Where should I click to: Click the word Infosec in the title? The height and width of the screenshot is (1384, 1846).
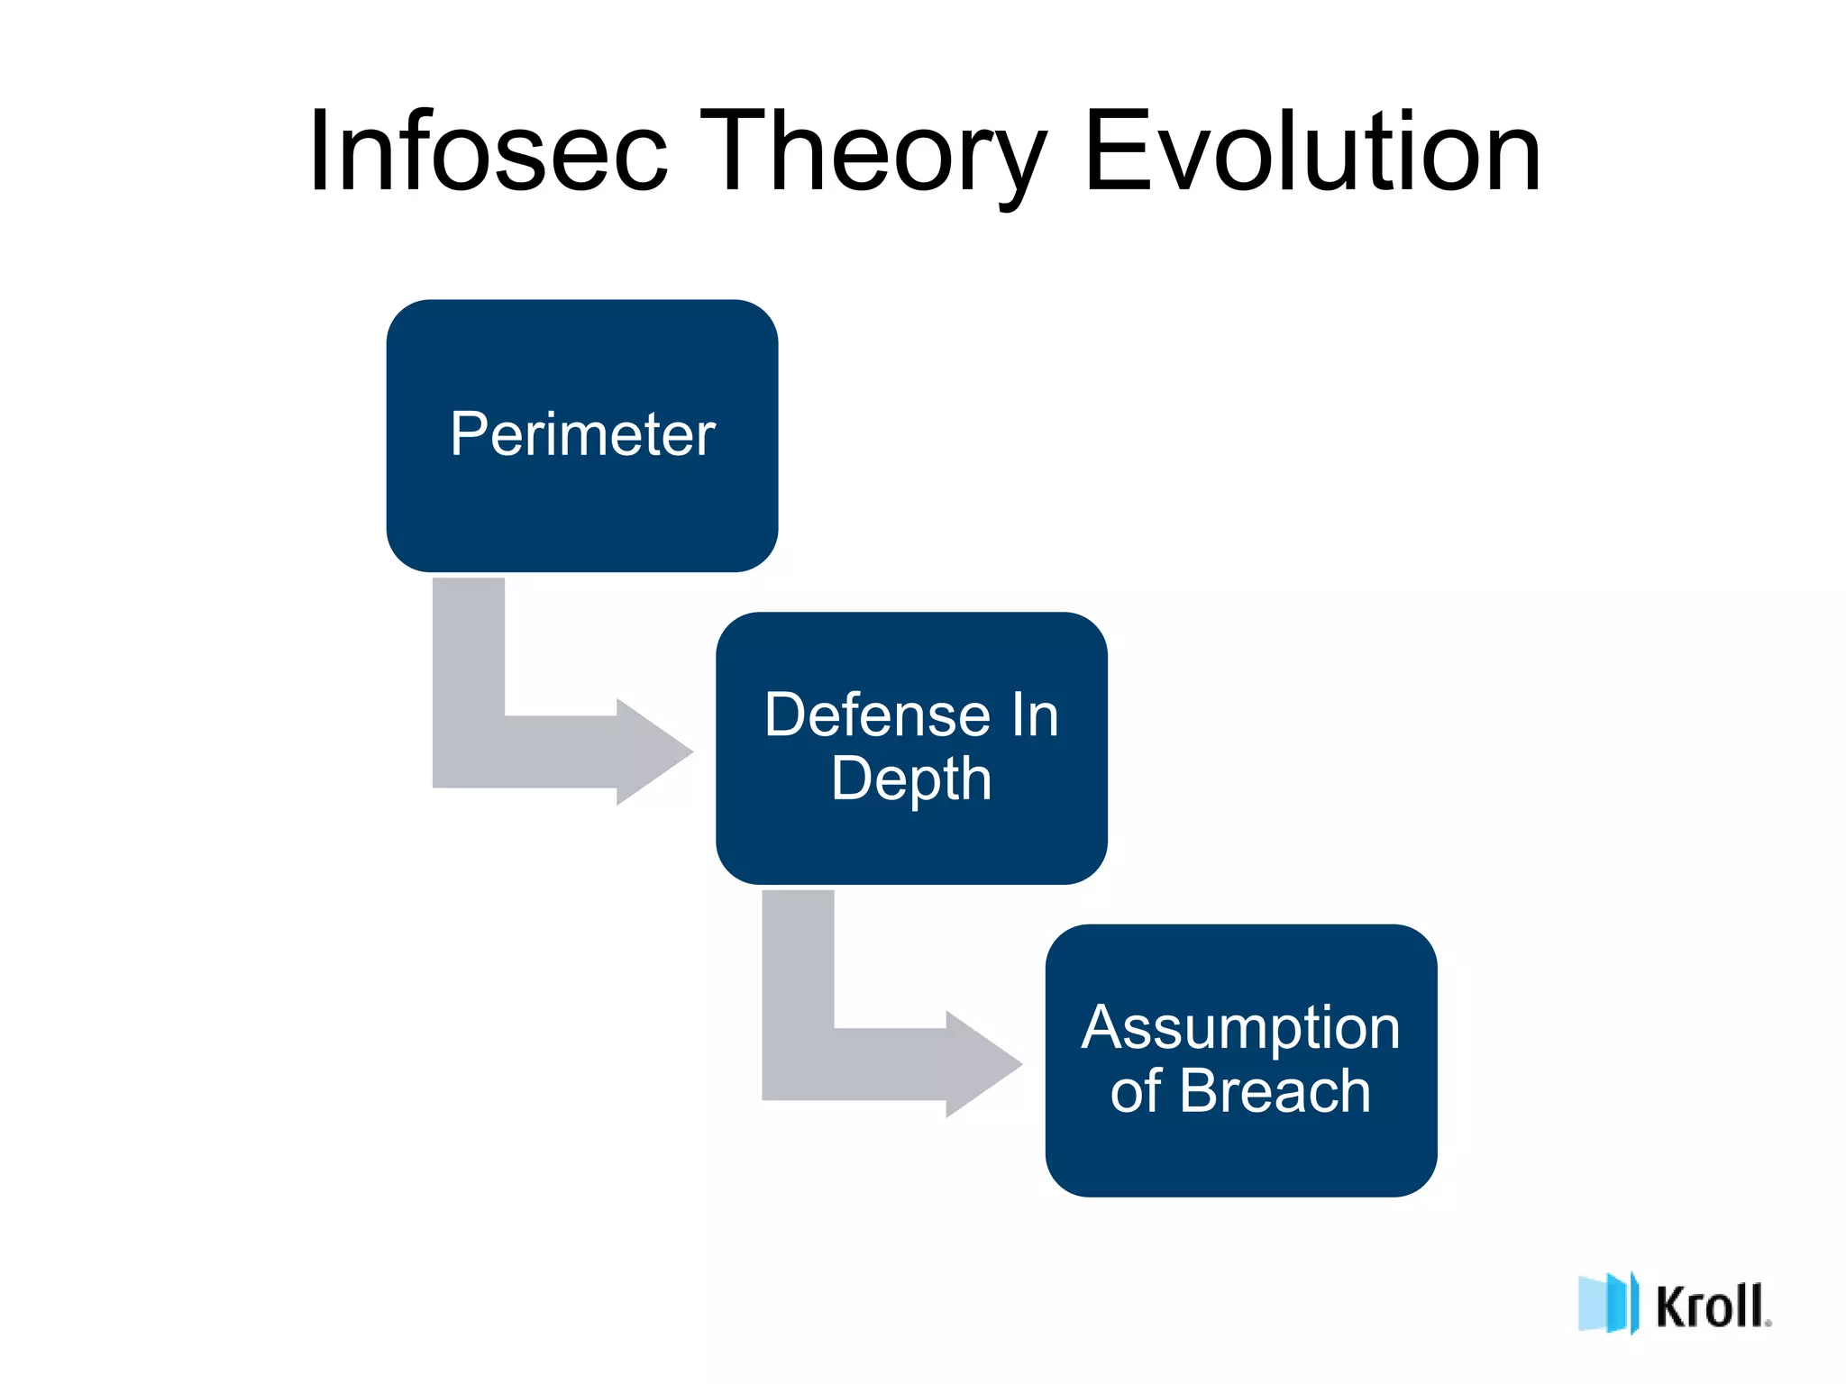pos(488,151)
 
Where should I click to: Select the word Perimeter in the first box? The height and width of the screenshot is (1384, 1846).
pos(582,434)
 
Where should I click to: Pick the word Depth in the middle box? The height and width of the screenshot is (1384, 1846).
pos(911,778)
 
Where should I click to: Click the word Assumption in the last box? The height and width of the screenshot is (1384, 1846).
pos(1240,1029)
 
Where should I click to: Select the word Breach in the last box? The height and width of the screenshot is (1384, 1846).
pos(1275,1091)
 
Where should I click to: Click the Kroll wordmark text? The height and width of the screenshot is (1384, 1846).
pos(1712,1306)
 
